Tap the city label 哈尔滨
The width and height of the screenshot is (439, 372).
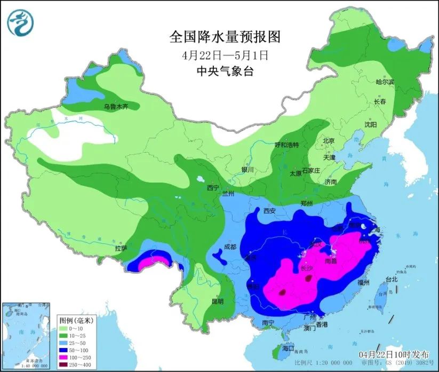coord(385,82)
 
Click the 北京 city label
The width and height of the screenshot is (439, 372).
coord(328,141)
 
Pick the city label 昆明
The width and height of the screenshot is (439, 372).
coord(218,302)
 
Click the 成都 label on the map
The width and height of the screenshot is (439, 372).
coord(230,247)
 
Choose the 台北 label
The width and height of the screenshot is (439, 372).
coord(391,279)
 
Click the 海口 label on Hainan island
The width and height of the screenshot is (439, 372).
coord(288,348)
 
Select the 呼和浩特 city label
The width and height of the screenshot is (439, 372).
coord(286,145)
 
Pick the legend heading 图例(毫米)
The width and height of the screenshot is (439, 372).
coord(76,321)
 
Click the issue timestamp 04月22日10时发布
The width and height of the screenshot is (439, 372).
coord(394,354)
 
